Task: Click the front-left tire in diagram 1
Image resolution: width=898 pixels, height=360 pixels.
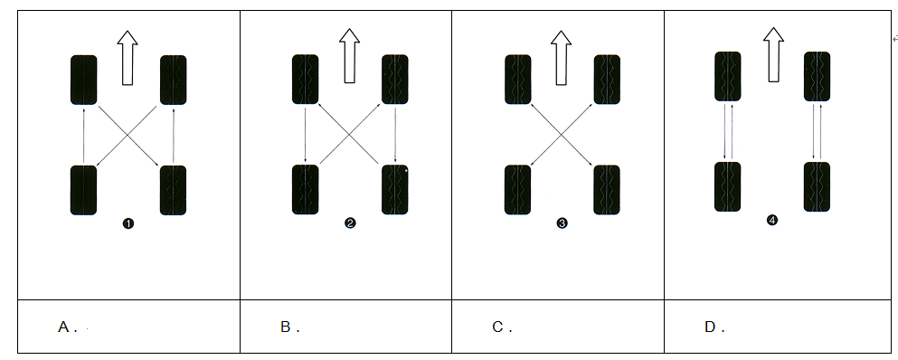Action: coord(83,81)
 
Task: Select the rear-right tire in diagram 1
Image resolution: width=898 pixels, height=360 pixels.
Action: coord(173,190)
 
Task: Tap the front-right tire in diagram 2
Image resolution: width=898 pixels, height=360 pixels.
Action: coord(395,79)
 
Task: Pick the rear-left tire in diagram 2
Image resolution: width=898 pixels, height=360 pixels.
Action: coord(306,190)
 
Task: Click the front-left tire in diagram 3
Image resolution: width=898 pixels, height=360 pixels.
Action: coord(517,79)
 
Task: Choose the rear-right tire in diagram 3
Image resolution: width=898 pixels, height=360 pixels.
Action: coord(607,190)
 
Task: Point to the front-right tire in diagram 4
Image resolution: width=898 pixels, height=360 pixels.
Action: coord(818,76)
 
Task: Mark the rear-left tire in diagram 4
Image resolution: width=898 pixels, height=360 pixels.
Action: coord(727,187)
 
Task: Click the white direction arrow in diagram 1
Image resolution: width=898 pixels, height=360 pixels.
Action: coord(128,58)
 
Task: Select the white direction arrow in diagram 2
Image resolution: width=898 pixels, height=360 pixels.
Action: coord(349,55)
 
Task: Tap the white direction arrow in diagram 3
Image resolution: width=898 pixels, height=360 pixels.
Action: coord(562,57)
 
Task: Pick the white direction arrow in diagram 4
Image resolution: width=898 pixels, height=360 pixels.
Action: coord(774,54)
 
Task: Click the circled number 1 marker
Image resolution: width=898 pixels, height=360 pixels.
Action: coord(128,223)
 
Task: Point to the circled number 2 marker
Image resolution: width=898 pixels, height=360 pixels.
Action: coord(351,223)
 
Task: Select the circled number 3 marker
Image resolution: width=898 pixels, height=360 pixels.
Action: coord(562,223)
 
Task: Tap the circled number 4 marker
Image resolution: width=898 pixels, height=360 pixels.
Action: coord(772,220)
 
